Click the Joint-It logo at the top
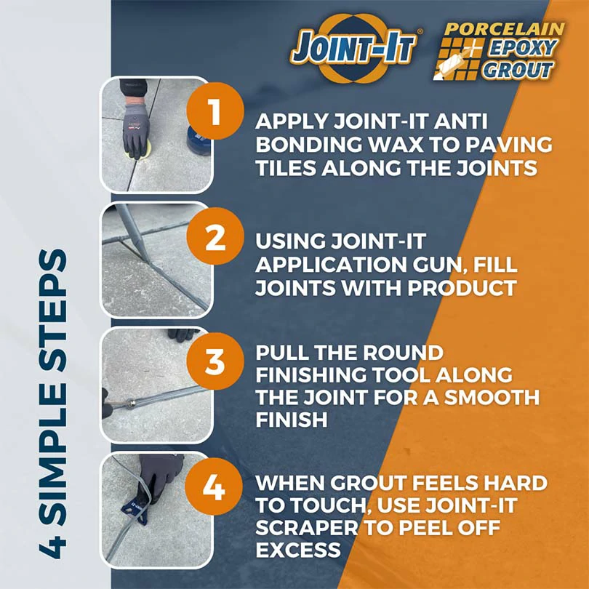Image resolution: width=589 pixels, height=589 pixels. click(353, 48)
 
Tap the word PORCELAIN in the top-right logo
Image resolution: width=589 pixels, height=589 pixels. click(504, 29)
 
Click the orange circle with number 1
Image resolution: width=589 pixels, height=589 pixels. click(215, 111)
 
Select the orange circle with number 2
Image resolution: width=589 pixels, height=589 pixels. click(215, 236)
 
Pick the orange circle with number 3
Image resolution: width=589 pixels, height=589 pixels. click(215, 361)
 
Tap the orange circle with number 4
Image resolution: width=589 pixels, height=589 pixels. click(214, 486)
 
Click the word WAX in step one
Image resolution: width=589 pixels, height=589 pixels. click(396, 145)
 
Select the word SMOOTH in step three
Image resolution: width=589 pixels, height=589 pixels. click(492, 397)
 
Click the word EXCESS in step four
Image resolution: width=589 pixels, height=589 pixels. click(298, 550)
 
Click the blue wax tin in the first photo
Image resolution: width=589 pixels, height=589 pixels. click(199, 140)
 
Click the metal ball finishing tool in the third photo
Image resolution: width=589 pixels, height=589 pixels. click(131, 404)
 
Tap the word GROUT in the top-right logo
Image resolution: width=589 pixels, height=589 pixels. click(518, 71)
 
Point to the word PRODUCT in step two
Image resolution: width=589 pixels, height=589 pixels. click(462, 288)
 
